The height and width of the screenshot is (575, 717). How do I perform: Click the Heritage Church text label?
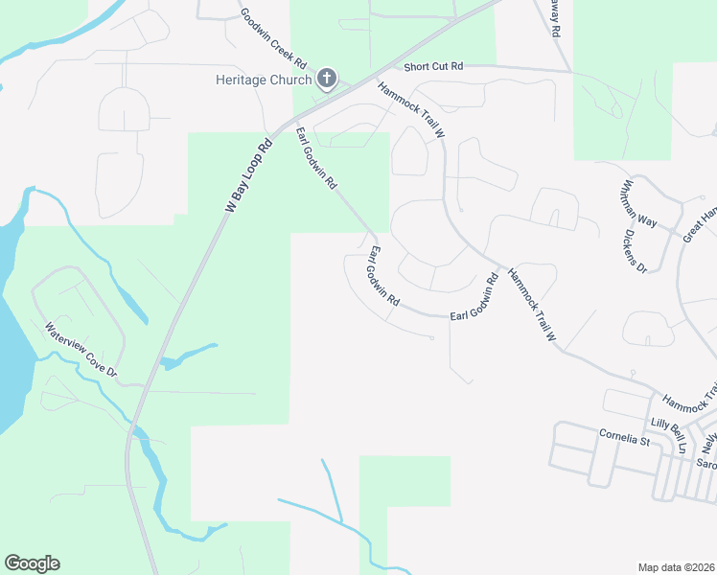click(263, 79)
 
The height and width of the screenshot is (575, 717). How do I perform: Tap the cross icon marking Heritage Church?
click(326, 78)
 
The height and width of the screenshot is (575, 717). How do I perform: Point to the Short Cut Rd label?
click(433, 66)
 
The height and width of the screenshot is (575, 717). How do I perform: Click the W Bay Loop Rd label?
click(249, 175)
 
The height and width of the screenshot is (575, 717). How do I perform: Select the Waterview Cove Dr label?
click(81, 349)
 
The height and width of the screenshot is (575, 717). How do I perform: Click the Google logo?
click(32, 563)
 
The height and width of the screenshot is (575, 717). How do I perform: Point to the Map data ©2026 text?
click(677, 567)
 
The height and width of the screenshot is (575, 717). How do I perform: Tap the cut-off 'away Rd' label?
click(553, 17)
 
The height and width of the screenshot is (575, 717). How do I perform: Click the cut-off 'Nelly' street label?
click(708, 440)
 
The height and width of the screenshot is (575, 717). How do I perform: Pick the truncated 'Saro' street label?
click(706, 464)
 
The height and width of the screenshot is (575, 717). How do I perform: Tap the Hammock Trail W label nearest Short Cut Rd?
click(412, 110)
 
